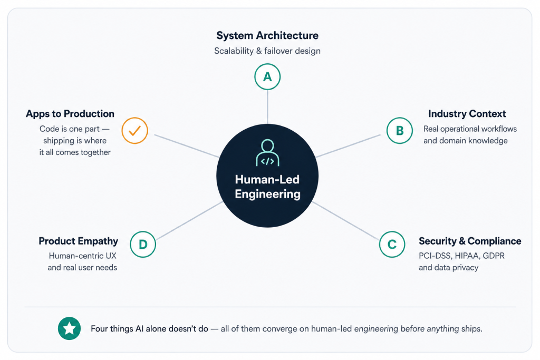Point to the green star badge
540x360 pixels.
(69, 328)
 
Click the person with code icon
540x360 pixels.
(267, 153)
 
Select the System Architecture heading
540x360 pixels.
(267, 35)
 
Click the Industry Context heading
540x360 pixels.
(467, 113)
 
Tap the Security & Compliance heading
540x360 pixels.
(470, 241)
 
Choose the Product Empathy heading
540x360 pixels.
(78, 241)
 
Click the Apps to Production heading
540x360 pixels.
(70, 113)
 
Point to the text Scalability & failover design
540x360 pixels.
(267, 51)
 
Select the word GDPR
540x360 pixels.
(494, 256)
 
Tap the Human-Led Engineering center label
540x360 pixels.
(267, 187)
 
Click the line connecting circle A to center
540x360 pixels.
(267, 107)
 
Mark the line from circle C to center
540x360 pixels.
(346, 221)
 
